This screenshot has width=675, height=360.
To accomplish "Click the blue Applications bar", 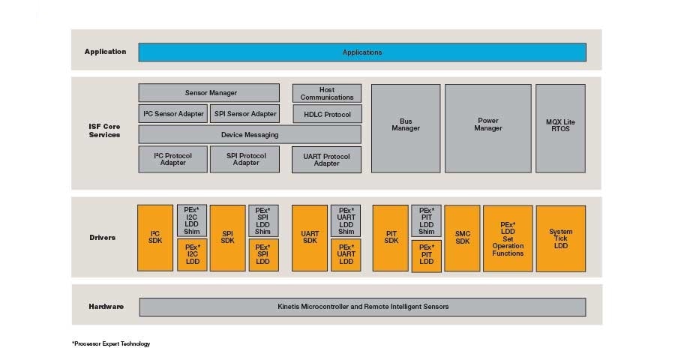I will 362,52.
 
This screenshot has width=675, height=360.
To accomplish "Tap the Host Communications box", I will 326,93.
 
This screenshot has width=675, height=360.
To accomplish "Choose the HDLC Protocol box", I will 326,114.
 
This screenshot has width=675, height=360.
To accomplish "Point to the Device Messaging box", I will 250,135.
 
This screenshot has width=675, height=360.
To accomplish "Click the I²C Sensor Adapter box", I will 173,114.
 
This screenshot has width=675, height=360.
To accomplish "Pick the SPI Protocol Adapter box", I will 245,159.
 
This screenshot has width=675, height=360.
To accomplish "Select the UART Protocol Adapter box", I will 326,160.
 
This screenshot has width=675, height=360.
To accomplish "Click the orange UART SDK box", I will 310,238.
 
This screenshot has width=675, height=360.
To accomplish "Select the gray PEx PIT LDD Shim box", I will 426,220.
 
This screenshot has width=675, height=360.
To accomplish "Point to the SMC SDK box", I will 462,238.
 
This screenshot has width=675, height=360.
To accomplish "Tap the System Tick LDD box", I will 560,238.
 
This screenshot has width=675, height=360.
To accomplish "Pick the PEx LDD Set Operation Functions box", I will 508,238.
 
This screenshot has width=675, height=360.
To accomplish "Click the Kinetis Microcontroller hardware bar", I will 362,307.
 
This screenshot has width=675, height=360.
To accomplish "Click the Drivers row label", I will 102,238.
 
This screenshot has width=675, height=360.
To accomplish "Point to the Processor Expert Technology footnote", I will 111,344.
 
